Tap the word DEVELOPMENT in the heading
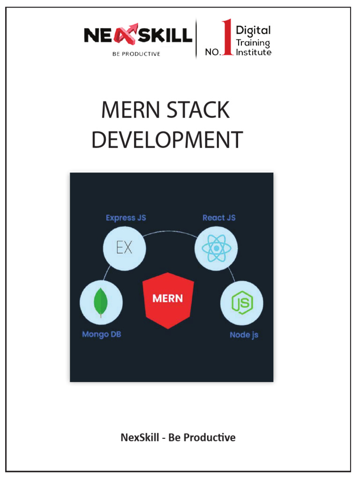point(167,140)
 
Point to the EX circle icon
point(124,247)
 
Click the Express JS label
point(126,218)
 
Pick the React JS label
point(219,218)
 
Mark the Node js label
point(244,335)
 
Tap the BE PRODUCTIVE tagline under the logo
point(136,54)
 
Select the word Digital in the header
point(253,31)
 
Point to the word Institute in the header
point(253,52)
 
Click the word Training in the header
point(253,43)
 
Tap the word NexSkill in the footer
point(140,438)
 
